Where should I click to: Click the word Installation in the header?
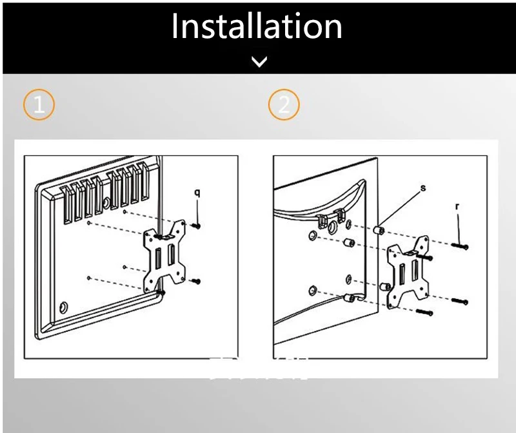[257, 26]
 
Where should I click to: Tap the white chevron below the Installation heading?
[259, 62]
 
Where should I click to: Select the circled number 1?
[39, 104]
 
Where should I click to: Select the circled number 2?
[284, 104]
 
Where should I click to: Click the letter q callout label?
[197, 192]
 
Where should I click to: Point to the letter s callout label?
[423, 188]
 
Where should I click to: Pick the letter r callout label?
[457, 207]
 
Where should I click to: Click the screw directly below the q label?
[196, 225]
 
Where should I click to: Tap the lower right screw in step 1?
[196, 281]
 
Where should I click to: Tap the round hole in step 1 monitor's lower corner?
[63, 305]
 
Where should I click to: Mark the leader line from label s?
[401, 207]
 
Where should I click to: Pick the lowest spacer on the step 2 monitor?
[349, 298]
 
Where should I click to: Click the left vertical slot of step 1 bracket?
[155, 261]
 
